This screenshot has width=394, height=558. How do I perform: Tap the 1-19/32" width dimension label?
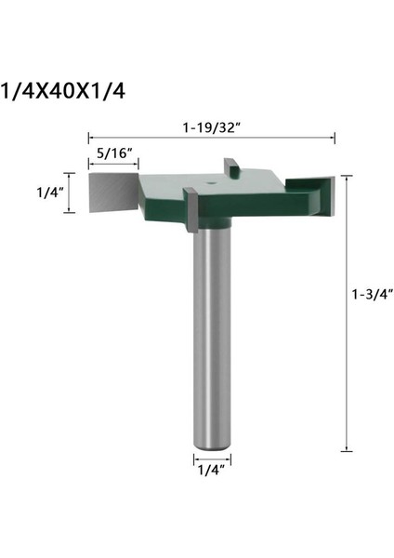pos(211,126)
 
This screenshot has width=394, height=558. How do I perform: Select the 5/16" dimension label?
pos(112,153)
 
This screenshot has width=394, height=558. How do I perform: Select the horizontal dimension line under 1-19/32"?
pos(211,137)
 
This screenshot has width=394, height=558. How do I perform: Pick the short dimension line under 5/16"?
pos(112,165)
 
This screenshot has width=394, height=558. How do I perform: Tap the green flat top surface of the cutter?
pos(251,191)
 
